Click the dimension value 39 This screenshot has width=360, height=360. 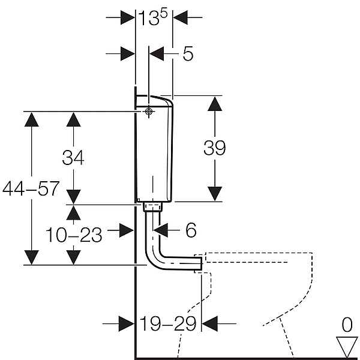215,148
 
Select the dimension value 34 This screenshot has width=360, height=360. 73,157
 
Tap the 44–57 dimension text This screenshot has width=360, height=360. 31,188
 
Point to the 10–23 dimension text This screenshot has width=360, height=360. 74,235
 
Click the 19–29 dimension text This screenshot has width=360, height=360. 168,323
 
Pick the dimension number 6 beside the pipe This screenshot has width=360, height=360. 191,230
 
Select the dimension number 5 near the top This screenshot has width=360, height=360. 188,54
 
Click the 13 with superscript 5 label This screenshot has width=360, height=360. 153,17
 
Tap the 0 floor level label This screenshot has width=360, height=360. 347,325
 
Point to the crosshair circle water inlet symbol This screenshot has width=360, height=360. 149,112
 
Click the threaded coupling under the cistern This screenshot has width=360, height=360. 152,206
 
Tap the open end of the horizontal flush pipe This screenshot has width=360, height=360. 202,263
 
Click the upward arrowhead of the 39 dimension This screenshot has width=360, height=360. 215,104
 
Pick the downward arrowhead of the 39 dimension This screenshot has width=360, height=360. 215,194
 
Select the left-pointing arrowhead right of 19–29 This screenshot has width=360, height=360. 209,323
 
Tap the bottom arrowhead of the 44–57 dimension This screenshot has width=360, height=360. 31,257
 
